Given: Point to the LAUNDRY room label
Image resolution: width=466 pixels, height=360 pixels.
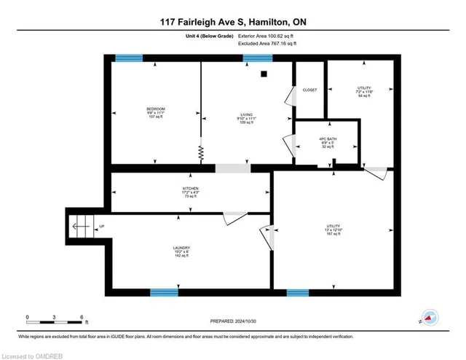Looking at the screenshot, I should (182, 249).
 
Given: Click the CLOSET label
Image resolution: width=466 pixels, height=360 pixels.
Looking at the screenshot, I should (310, 90).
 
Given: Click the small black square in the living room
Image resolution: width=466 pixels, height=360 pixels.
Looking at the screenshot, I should (264, 74).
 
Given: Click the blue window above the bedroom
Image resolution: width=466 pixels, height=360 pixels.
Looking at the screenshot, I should (130, 58).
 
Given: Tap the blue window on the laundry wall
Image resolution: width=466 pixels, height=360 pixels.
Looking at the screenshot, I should (164, 293).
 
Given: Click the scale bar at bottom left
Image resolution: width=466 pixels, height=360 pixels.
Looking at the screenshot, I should (55, 317).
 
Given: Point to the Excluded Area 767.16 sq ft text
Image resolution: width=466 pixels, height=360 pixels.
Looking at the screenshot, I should (268, 44).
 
